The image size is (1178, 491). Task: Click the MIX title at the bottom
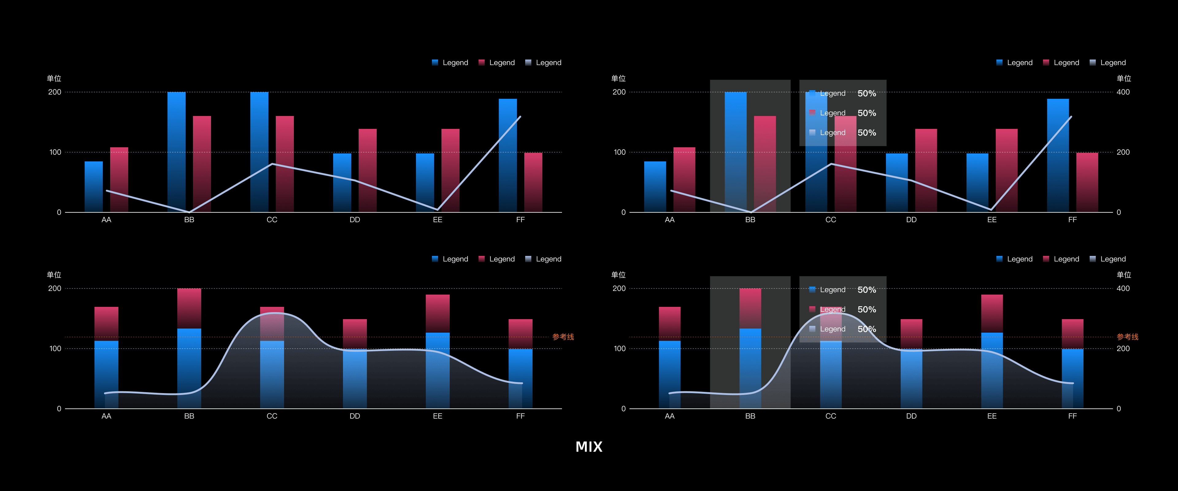pos(589,447)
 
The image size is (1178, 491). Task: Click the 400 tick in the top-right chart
pos(1123,92)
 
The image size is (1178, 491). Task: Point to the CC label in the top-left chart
pos(271,220)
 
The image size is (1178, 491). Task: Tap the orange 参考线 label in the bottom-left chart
pos(563,337)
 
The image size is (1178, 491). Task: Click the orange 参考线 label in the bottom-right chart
pos(1127,337)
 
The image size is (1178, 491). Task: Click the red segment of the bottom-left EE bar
pos(438,313)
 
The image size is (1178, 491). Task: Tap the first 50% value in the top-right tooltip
pos(867,93)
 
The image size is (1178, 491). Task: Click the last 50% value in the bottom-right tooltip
pos(867,329)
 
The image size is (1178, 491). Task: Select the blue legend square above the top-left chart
pos(435,63)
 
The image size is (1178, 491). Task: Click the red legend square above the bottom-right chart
pos(1046,259)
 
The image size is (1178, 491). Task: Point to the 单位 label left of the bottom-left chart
pos(54,275)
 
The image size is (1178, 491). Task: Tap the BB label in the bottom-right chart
pos(750,416)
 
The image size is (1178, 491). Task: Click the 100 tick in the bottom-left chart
pos(55,349)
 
